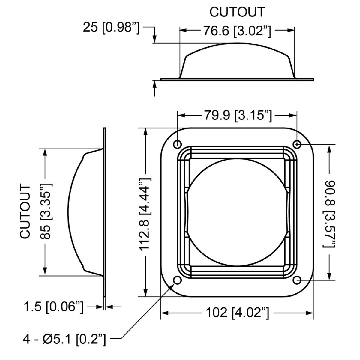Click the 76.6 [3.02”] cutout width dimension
(x=237, y=31)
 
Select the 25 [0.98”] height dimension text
(x=111, y=28)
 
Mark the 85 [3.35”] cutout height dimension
(x=46, y=212)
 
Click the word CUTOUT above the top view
(x=237, y=12)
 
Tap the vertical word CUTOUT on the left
(x=26, y=212)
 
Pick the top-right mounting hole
(x=297, y=144)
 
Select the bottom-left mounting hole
(x=177, y=280)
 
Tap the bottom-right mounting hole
(x=297, y=280)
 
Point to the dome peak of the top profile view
(x=237, y=44)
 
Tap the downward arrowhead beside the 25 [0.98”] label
(x=154, y=39)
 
